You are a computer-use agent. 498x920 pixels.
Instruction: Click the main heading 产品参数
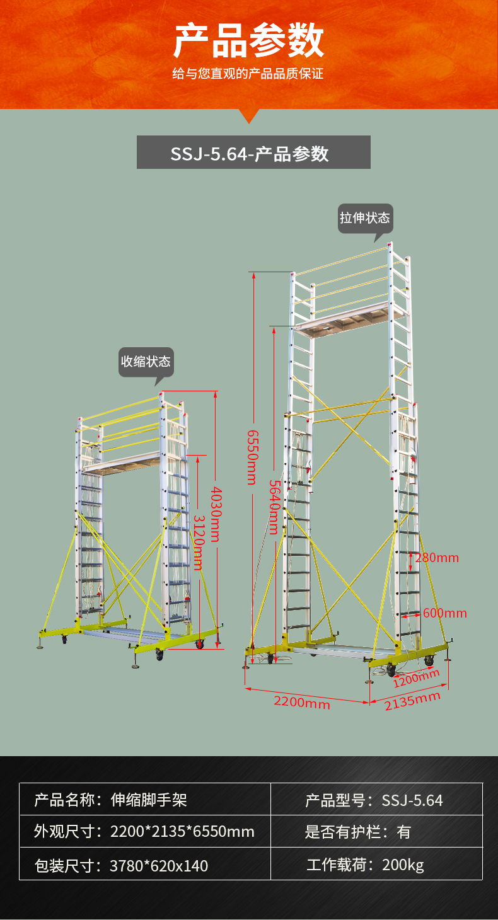point(248,40)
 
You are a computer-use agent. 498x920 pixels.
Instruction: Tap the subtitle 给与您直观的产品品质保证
point(248,74)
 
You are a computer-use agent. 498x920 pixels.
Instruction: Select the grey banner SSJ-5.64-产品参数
point(253,152)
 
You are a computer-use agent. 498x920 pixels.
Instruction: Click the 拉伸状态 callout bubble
point(365,219)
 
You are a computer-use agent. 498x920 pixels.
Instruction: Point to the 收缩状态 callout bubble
point(146,362)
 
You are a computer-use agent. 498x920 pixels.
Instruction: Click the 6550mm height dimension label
point(252,457)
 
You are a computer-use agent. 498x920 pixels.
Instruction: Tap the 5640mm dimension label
point(274,507)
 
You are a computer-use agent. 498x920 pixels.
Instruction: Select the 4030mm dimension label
point(216,514)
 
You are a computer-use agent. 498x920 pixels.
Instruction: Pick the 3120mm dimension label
point(199,543)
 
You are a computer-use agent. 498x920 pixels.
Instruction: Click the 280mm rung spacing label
point(437,558)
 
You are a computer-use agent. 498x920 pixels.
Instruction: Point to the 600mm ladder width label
point(445,613)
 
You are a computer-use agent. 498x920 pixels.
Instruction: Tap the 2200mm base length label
point(302,703)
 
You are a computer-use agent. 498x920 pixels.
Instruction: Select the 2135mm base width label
point(412,701)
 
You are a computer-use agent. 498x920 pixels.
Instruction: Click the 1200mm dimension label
point(416,678)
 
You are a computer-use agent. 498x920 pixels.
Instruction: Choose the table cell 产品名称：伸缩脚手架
point(145,800)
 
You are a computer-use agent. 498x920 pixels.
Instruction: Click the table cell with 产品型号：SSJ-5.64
point(377,800)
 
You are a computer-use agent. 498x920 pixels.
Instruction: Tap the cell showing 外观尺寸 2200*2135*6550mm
point(145,831)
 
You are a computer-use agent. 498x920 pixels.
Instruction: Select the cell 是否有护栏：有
point(377,831)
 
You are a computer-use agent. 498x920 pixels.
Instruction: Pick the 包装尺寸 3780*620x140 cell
point(145,864)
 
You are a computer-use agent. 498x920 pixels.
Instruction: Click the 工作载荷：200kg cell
point(377,864)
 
